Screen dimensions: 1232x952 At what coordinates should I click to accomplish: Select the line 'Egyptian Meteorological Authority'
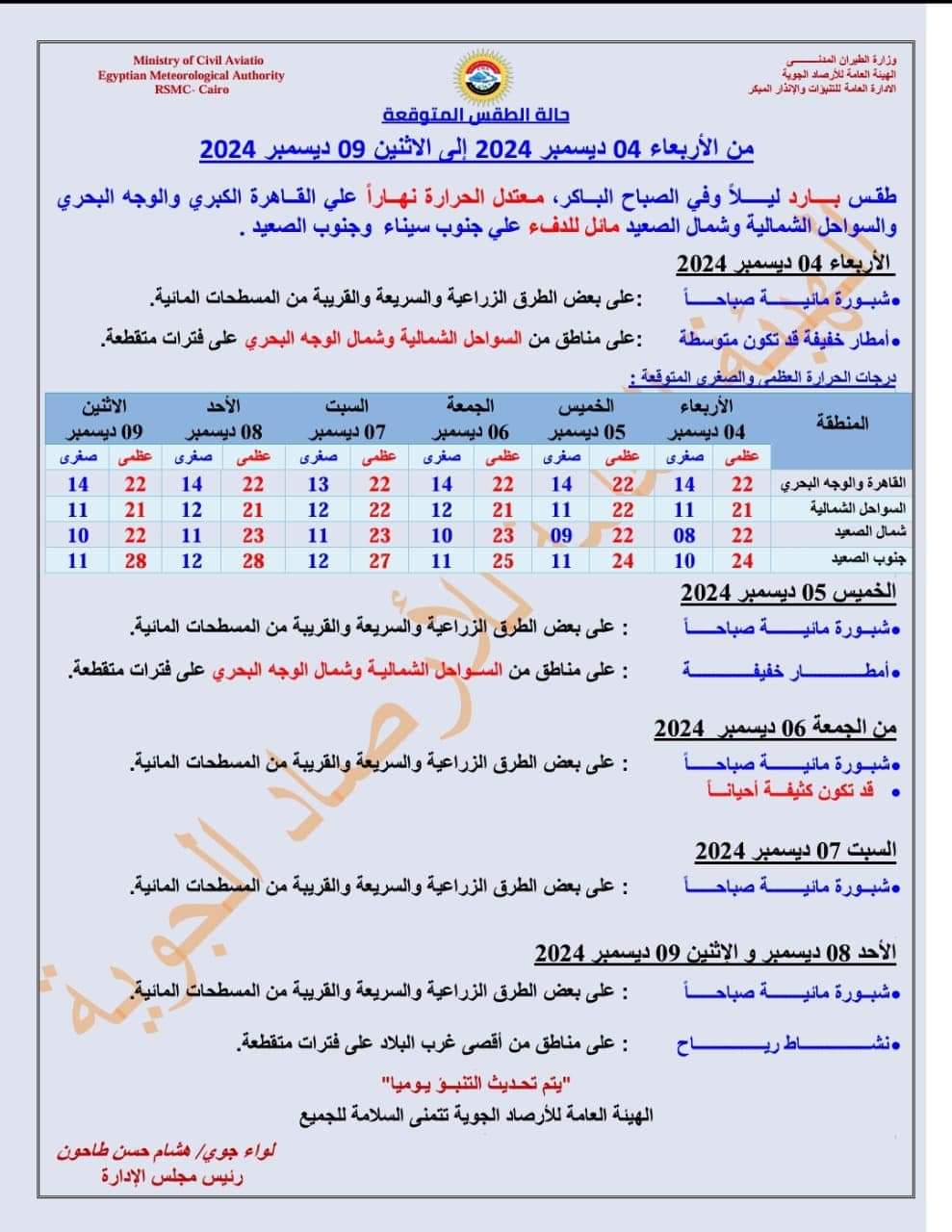click(x=192, y=75)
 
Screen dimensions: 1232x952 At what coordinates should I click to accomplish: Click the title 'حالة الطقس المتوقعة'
click(x=476, y=115)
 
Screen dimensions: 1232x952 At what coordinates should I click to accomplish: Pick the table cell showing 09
click(x=562, y=535)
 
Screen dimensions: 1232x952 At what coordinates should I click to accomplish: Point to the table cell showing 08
click(x=684, y=535)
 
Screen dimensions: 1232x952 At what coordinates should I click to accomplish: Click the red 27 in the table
click(x=379, y=560)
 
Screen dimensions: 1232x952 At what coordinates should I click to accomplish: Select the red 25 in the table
click(x=502, y=560)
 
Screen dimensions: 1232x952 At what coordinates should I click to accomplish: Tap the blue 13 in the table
click(x=318, y=484)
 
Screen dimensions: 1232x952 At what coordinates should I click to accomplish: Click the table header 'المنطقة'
click(x=841, y=423)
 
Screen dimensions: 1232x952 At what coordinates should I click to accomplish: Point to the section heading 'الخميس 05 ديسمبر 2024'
click(x=787, y=592)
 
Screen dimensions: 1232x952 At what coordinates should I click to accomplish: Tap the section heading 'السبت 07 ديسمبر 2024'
click(x=795, y=851)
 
